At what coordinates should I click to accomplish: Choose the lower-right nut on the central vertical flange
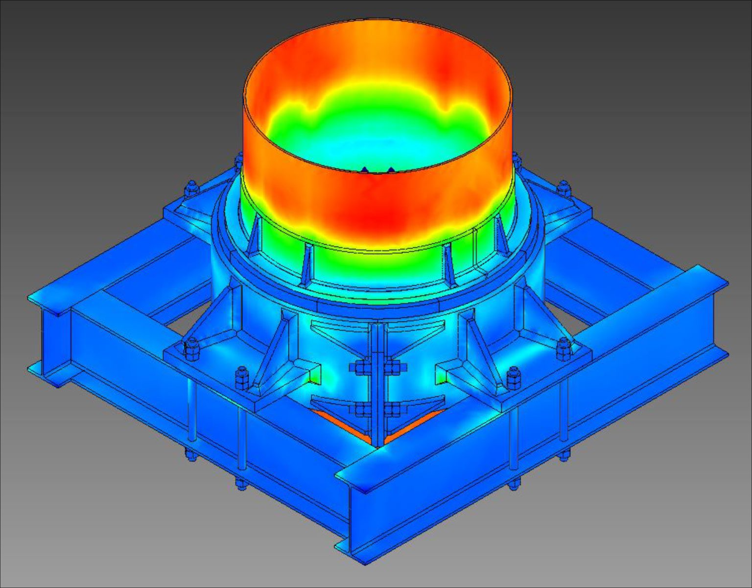point(392,408)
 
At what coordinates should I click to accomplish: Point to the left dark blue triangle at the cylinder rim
point(364,169)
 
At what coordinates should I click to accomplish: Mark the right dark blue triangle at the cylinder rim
point(390,170)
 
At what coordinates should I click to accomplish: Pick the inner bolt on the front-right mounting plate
point(512,377)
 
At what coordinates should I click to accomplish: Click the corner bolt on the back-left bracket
point(191,188)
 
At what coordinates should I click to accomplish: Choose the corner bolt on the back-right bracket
point(564,188)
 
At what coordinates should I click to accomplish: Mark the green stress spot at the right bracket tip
point(442,377)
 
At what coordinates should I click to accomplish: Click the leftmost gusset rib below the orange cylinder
point(254,237)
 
